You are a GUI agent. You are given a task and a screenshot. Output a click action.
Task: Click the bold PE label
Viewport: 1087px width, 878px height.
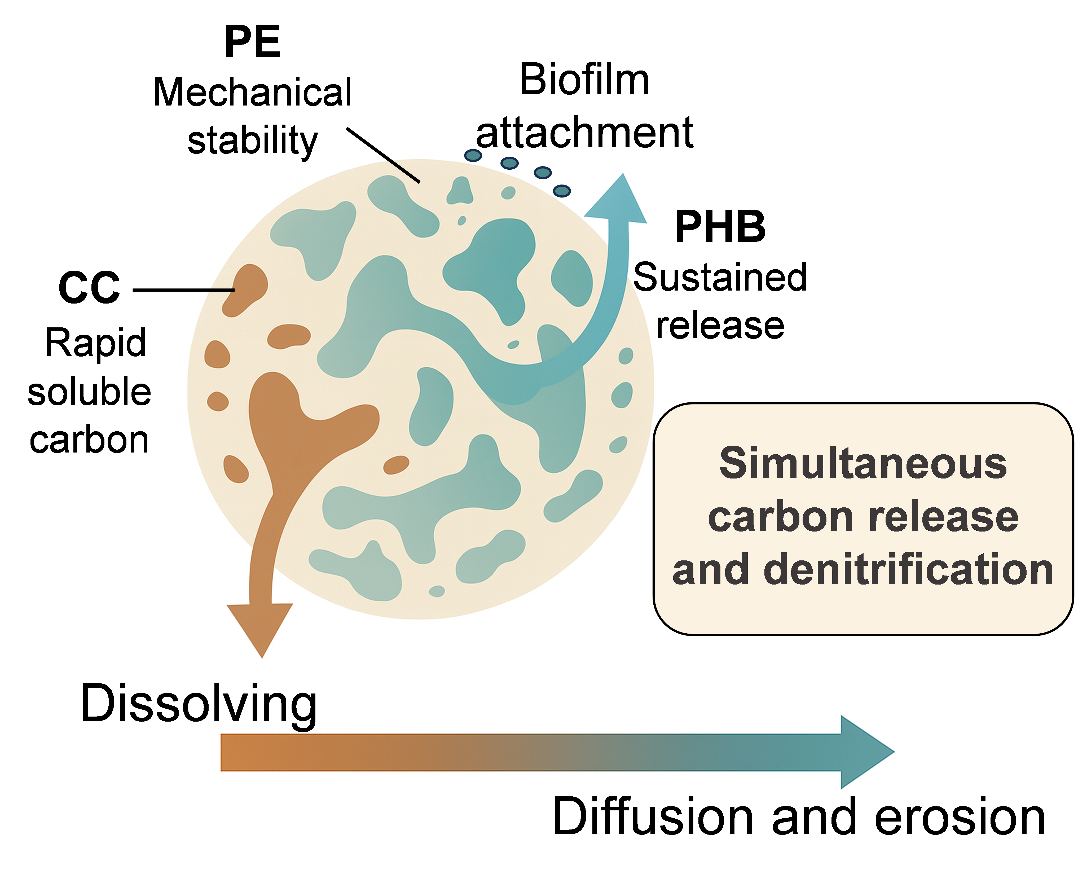(252, 42)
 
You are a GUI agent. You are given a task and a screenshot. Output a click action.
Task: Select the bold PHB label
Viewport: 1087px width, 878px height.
(720, 228)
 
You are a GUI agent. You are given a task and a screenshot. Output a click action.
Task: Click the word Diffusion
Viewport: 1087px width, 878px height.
(653, 818)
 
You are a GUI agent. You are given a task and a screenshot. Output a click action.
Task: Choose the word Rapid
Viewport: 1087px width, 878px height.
(96, 343)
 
